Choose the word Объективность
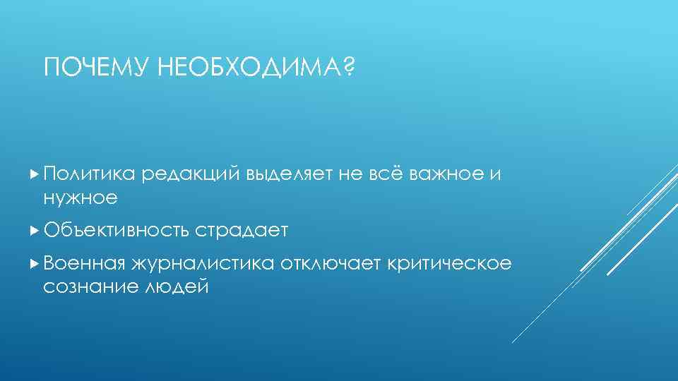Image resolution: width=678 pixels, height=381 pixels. point(115,230)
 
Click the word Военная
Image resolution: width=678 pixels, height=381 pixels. point(85,264)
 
